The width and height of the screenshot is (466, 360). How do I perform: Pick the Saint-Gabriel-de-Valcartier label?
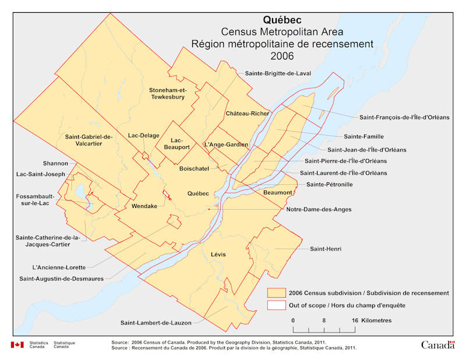pyautogui.click(x=89, y=140)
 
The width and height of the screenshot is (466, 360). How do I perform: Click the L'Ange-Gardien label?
pyautogui.click(x=227, y=144)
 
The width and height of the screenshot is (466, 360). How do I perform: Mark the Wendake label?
pyautogui.click(x=144, y=206)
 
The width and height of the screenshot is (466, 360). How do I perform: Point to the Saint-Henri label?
pyautogui.click(x=326, y=249)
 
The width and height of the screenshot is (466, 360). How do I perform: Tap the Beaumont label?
pyautogui.click(x=277, y=192)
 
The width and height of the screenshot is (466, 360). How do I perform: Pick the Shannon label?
pyautogui.click(x=55, y=163)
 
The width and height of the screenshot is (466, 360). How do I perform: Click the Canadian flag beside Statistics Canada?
pyautogui.click(x=17, y=345)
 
